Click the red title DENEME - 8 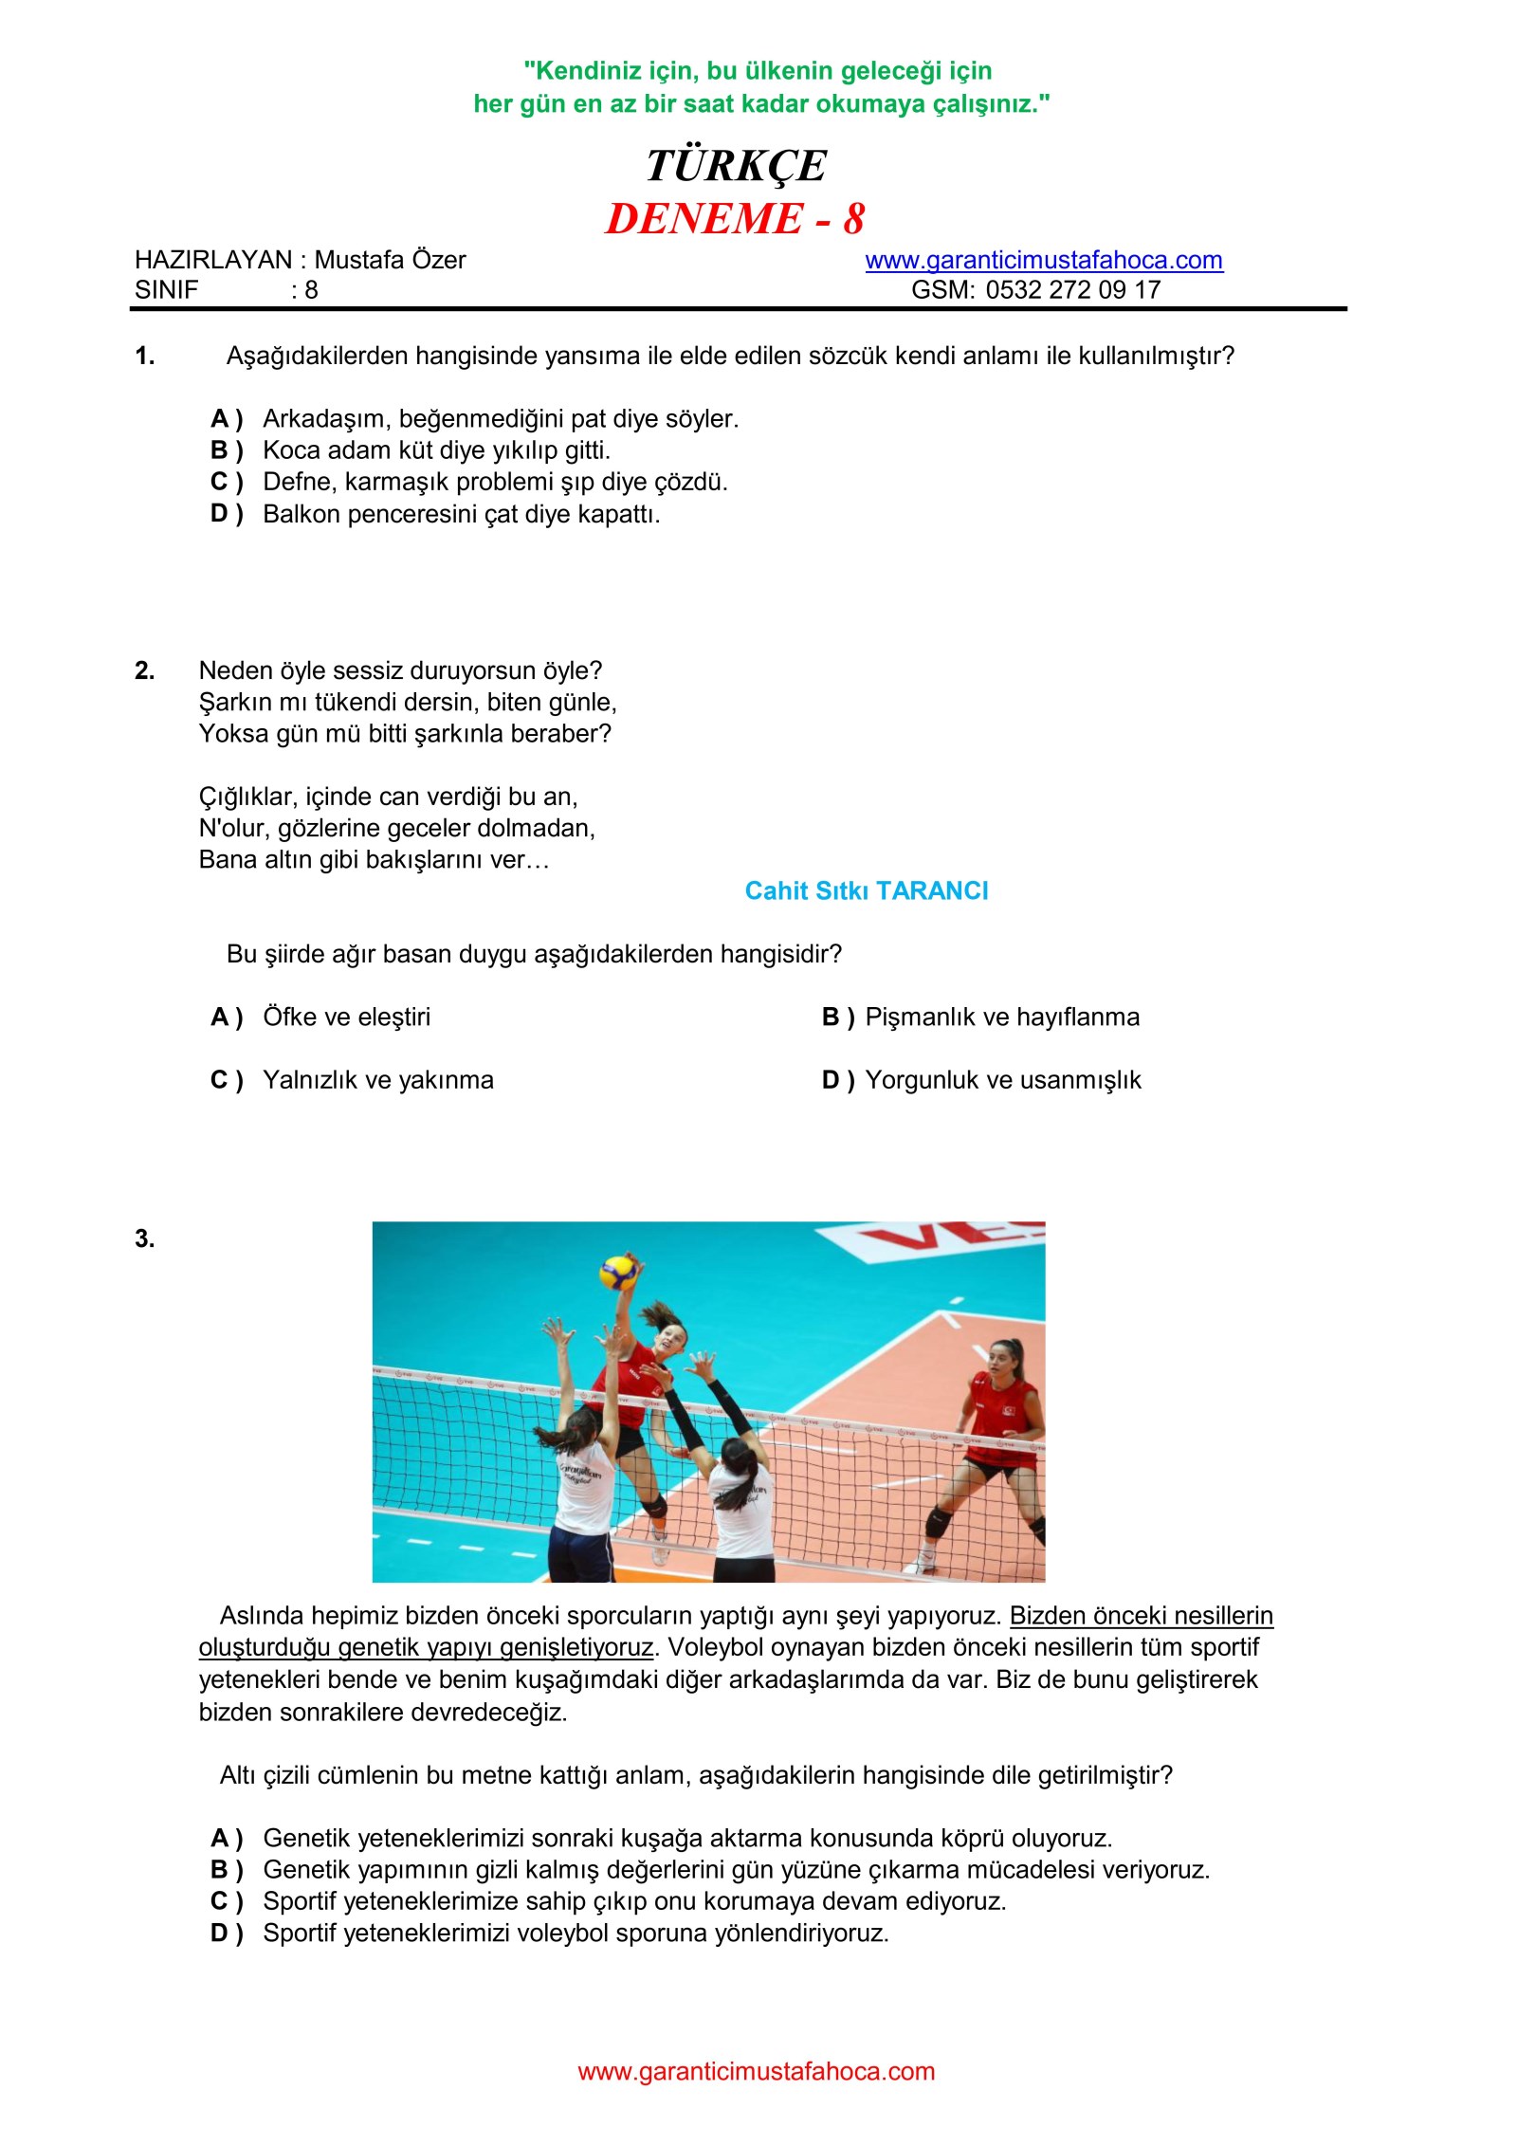point(735,219)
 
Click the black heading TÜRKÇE point(736,166)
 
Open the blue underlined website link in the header point(1043,260)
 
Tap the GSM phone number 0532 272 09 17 point(1072,290)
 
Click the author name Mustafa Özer point(390,260)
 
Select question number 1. point(144,357)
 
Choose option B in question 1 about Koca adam point(436,450)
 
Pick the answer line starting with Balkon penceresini point(461,514)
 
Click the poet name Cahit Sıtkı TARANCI point(866,891)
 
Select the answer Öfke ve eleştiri point(346,1017)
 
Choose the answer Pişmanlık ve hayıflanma point(1001,1017)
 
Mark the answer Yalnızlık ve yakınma point(377,1080)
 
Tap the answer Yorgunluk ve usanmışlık point(1002,1080)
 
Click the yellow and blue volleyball point(618,1273)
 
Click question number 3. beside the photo point(144,1239)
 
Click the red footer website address point(756,2072)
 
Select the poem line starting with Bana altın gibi point(374,860)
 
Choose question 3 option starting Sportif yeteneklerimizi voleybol point(576,1933)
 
